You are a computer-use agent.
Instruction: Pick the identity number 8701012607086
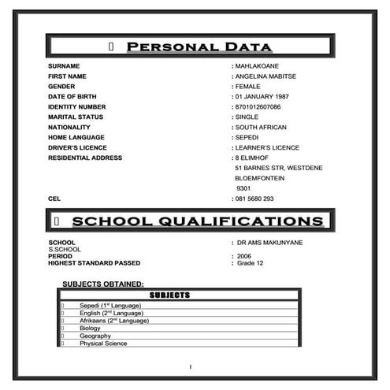[x=258, y=106]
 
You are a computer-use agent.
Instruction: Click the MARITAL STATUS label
[x=75, y=117]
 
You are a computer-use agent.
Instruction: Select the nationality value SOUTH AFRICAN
[x=261, y=127]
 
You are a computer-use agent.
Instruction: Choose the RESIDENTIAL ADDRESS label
[x=85, y=158]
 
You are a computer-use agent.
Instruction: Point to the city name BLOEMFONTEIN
[x=262, y=178]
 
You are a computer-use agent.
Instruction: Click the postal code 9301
[x=243, y=188]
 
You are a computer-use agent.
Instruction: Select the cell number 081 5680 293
[x=254, y=199]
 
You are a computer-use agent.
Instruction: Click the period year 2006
[x=244, y=256]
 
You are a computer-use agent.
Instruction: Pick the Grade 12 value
[x=248, y=263]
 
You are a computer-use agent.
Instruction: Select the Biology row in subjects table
[x=90, y=329]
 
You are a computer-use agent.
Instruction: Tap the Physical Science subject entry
[x=102, y=344]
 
